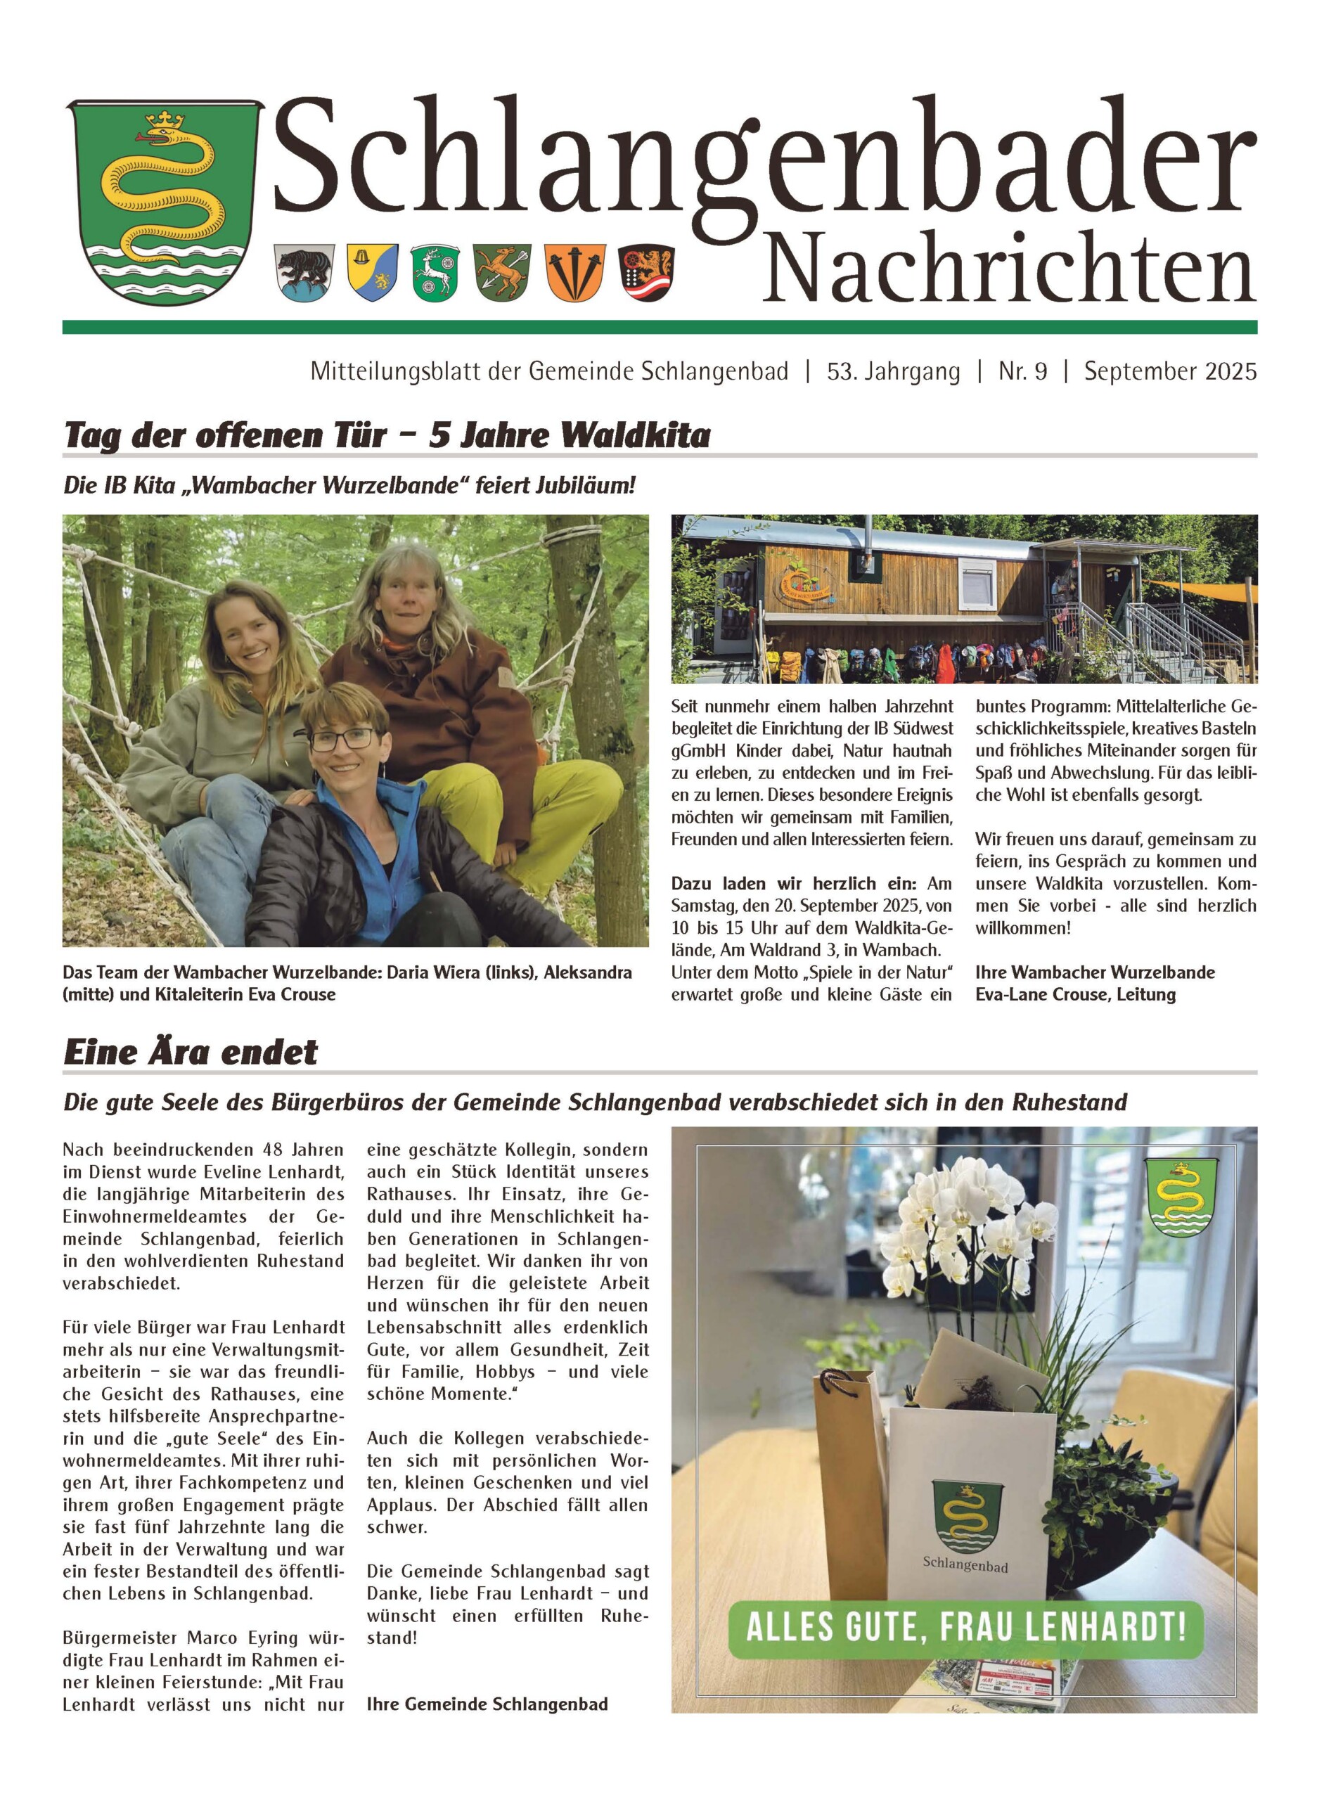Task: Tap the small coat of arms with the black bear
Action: click(306, 271)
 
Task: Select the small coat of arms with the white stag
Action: click(437, 271)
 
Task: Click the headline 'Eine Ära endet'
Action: click(191, 1052)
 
